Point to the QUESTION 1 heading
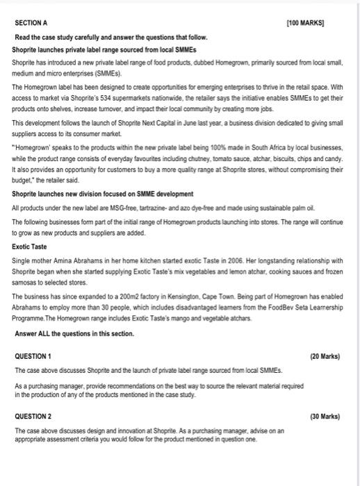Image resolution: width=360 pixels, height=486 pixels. [34, 355]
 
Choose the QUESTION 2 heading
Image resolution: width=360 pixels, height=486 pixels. [34, 417]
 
